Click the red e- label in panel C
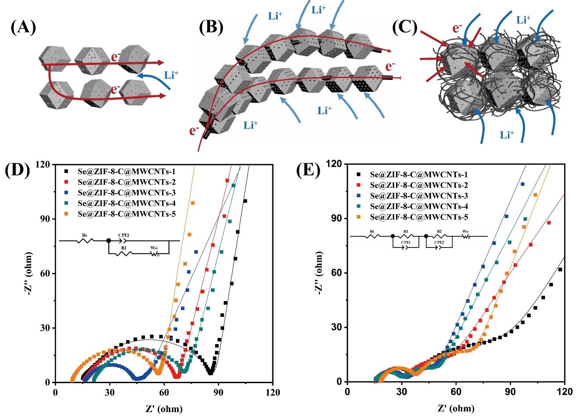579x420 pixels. point(457,29)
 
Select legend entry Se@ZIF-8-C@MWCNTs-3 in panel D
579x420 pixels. point(126,193)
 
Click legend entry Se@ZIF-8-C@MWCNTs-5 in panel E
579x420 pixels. point(418,217)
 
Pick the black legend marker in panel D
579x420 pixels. point(67,172)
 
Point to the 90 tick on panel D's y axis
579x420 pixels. point(45,219)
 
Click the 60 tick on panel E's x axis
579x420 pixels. point(456,391)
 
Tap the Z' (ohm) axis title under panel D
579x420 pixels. point(164,409)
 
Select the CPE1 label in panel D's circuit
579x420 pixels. point(124,235)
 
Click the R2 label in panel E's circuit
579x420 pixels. point(439,231)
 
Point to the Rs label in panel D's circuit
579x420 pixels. point(85,236)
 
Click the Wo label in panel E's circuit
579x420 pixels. point(465,231)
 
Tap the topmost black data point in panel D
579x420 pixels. point(245,201)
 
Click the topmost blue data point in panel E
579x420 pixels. point(522,184)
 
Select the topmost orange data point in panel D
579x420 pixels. point(193,203)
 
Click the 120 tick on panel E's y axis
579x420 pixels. point(334,164)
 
